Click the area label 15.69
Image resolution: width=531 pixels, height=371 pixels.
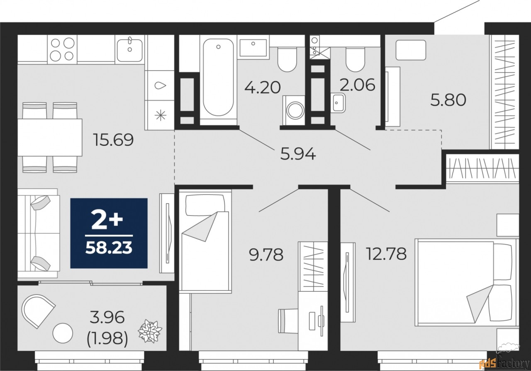tap(114, 140)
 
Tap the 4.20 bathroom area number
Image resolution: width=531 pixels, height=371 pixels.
tap(263, 87)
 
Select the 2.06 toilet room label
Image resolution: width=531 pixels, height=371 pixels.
tap(358, 85)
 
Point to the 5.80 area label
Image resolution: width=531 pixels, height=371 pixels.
tap(448, 100)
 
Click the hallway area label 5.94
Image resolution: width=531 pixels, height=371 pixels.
tap(298, 153)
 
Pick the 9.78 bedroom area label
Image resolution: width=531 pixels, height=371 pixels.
tap(266, 255)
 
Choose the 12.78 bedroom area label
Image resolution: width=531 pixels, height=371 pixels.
tap(387, 253)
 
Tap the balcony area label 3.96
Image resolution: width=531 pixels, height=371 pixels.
tap(107, 318)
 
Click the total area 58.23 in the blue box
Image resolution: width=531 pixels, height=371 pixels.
tap(109, 248)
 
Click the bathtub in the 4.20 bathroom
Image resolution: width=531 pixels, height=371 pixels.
tap(218, 80)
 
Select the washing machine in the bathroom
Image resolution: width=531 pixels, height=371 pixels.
tap(294, 110)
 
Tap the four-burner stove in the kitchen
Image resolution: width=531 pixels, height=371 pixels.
tap(62, 49)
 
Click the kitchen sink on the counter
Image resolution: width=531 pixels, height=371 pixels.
tap(130, 50)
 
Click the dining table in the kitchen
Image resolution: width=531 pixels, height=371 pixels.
tap(50, 137)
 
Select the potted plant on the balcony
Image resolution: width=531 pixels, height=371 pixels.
tap(150, 331)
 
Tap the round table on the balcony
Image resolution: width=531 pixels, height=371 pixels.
tap(63, 333)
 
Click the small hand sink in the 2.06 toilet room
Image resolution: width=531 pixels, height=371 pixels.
tap(339, 103)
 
